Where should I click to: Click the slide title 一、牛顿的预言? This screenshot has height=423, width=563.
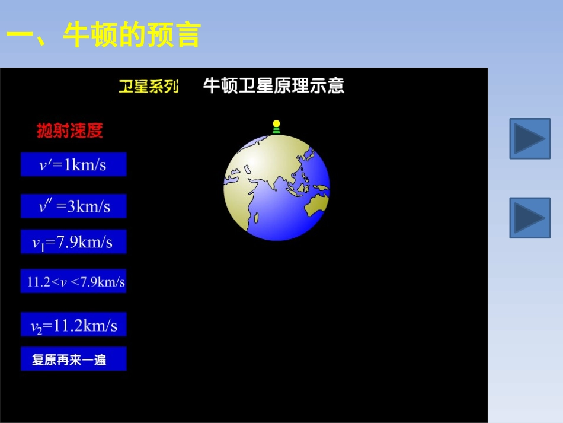pyautogui.click(x=104, y=35)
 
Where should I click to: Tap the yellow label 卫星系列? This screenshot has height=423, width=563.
pyautogui.click(x=148, y=87)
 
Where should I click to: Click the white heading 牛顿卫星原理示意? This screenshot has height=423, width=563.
pyautogui.click(x=273, y=86)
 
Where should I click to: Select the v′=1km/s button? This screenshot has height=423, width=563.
pyautogui.click(x=73, y=164)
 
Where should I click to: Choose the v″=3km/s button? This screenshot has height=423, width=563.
pyautogui.click(x=73, y=206)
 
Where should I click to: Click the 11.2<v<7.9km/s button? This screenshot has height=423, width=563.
pyautogui.click(x=73, y=282)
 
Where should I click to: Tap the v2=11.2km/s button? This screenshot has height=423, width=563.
pyautogui.click(x=73, y=325)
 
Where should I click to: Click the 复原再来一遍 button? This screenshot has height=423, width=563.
pyautogui.click(x=73, y=360)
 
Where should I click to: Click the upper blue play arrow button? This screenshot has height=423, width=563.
pyautogui.click(x=530, y=139)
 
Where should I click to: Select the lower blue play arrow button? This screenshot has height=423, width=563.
pyautogui.click(x=530, y=218)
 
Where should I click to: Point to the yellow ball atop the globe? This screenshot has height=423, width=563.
pyautogui.click(x=276, y=124)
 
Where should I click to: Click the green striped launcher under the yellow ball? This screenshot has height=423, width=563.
pyautogui.click(x=276, y=131)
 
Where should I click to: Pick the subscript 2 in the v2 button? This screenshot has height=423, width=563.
pyautogui.click(x=40, y=330)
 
